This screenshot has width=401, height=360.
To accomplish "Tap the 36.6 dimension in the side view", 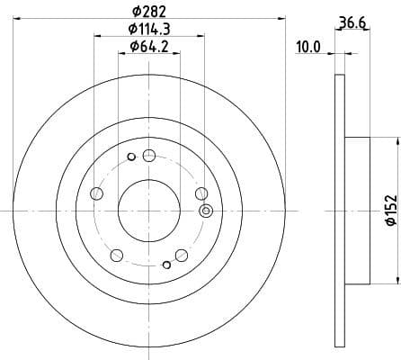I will [349, 22].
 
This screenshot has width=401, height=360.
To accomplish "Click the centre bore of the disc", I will [149, 209].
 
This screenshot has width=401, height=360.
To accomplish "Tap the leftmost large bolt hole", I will [98, 193].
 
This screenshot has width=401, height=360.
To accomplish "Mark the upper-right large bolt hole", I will [200, 193].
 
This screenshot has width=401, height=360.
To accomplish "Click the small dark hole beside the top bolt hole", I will [131, 157].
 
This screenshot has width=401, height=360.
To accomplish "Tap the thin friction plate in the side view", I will [339, 209].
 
